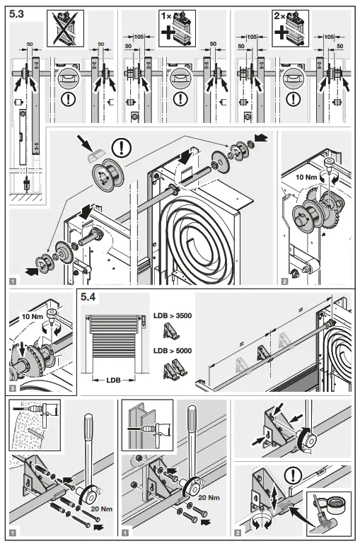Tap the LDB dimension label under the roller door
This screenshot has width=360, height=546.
pos(112,380)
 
